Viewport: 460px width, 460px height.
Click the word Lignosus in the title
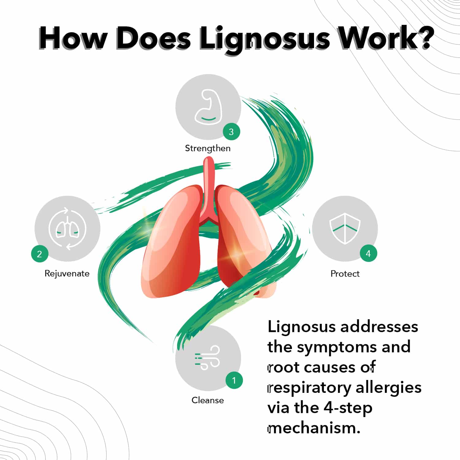click(x=264, y=39)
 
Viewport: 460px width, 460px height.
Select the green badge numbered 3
click(x=231, y=132)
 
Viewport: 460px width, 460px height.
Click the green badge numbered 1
click(x=234, y=380)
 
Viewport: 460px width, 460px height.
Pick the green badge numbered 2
click(x=40, y=254)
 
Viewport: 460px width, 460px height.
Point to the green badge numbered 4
click(x=368, y=254)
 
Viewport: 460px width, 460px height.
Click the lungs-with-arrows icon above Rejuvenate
click(x=67, y=229)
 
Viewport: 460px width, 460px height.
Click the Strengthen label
click(x=208, y=148)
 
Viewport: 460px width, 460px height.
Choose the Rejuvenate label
click(x=67, y=274)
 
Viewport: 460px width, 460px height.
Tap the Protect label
click(x=345, y=274)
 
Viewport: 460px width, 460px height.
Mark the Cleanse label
click(x=208, y=400)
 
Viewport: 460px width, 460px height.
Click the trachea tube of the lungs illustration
click(x=209, y=184)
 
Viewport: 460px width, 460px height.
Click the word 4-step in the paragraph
click(x=348, y=408)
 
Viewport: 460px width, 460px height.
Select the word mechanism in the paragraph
click(x=313, y=428)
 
